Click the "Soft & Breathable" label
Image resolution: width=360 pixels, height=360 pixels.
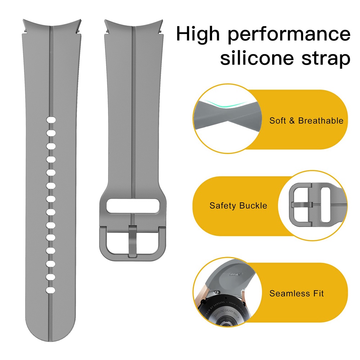coord(306,121)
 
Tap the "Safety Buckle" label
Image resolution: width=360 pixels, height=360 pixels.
coord(238,206)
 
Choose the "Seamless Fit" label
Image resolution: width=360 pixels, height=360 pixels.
coord(296,293)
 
